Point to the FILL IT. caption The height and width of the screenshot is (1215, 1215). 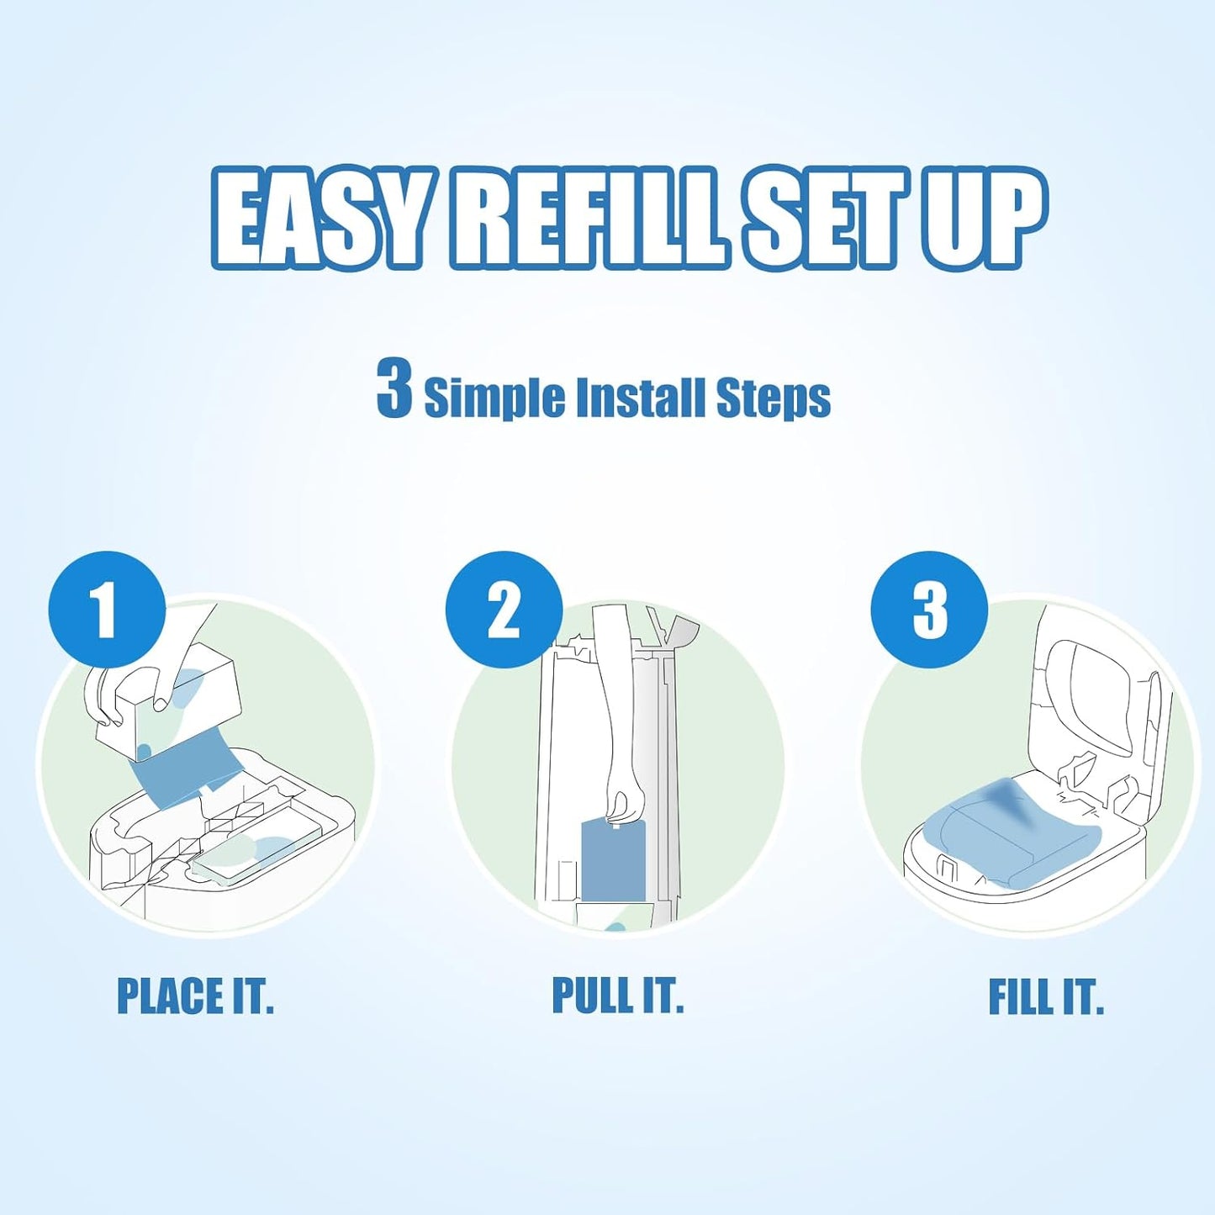pyautogui.click(x=1045, y=997)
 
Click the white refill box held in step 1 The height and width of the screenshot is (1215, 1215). pyautogui.click(x=168, y=706)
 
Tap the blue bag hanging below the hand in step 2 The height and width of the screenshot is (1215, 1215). pyautogui.click(x=614, y=862)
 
